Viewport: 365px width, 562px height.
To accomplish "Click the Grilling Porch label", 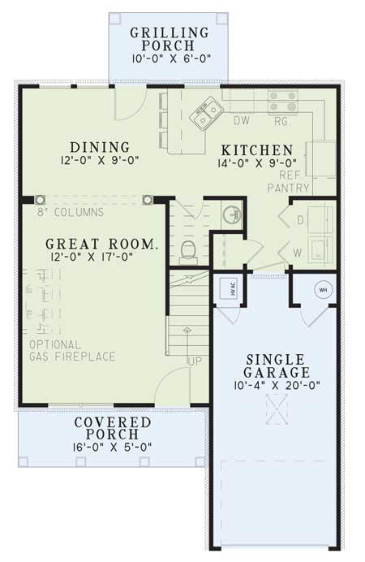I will tap(170, 40).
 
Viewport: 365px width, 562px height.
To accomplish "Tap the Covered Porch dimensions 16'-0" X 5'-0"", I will tap(113, 446).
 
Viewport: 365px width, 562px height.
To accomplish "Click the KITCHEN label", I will tap(258, 151).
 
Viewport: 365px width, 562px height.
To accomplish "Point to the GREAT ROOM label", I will tap(101, 243).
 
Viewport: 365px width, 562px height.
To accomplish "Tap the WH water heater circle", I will tap(322, 290).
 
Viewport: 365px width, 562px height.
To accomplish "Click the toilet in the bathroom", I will tap(189, 249).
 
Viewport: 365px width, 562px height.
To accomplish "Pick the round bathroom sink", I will tap(230, 214).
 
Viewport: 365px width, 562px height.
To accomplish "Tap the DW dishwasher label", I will tap(241, 123).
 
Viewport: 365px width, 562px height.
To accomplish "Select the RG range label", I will tap(280, 123).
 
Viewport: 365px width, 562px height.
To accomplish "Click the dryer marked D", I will tap(316, 219).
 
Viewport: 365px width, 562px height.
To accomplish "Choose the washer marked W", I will tap(316, 253).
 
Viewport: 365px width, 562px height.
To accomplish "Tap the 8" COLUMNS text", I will tap(71, 212).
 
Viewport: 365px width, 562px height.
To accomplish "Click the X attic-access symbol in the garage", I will tap(278, 411).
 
